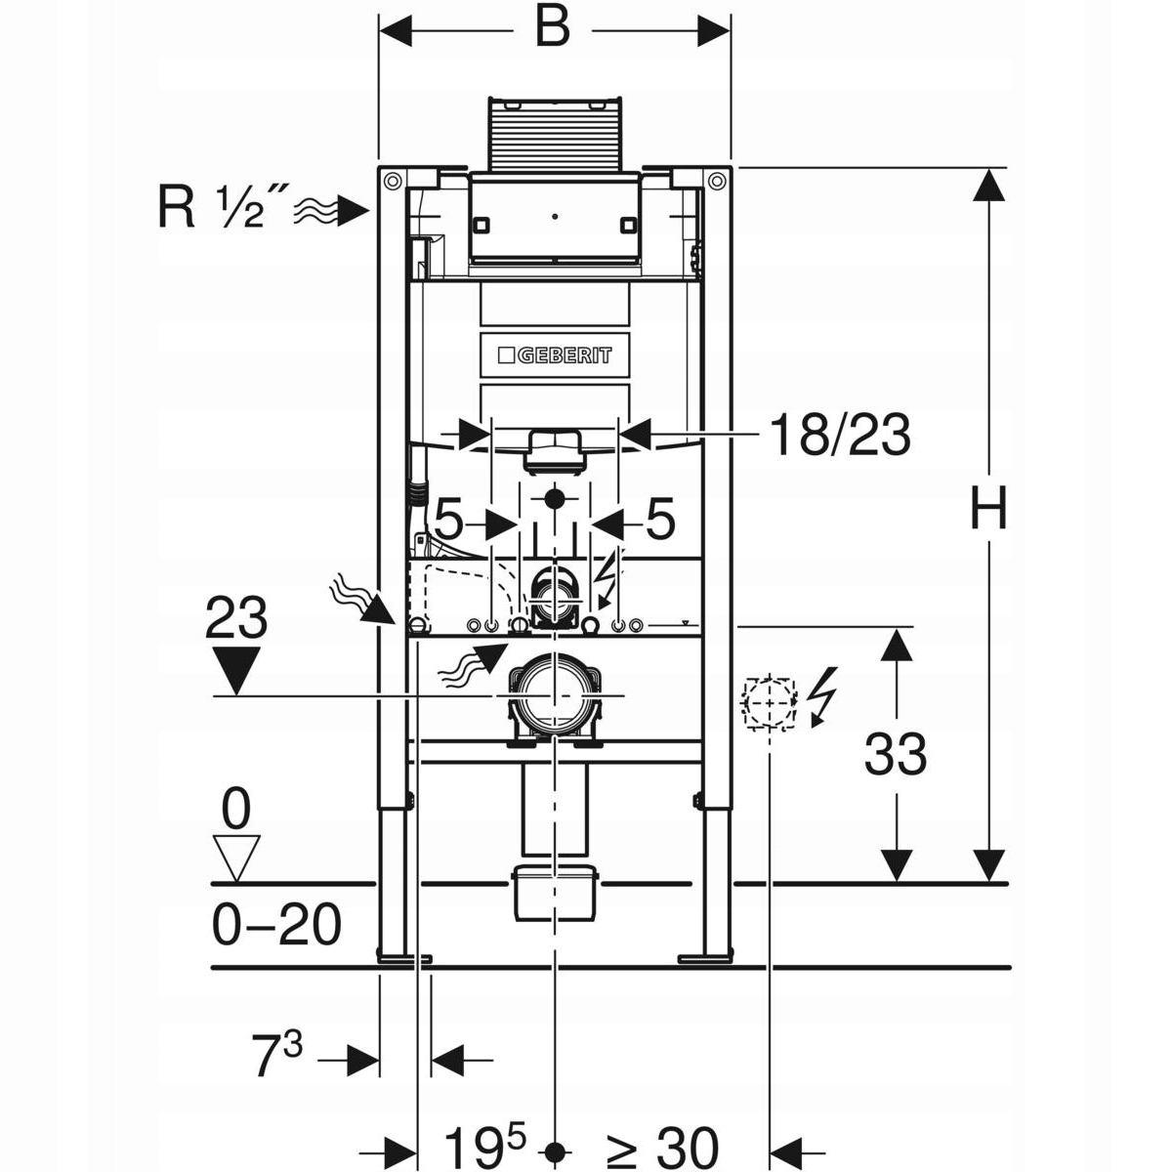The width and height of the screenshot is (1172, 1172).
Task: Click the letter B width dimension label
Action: (552, 27)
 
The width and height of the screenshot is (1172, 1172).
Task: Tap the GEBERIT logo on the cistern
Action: (555, 356)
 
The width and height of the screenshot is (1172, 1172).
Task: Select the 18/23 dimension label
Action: (840, 435)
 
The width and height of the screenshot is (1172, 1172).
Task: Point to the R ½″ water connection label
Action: (212, 207)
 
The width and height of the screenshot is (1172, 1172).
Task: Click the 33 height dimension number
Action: (896, 754)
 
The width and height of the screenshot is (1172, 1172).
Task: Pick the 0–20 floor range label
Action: (276, 925)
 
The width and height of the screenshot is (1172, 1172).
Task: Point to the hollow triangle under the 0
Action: (236, 858)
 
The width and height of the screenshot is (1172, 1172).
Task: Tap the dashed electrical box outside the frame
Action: (770, 702)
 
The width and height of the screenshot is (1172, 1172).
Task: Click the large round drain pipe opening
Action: (554, 695)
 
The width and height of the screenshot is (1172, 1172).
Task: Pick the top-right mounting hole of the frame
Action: (717, 180)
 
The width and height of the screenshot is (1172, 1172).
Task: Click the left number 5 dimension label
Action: (448, 519)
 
